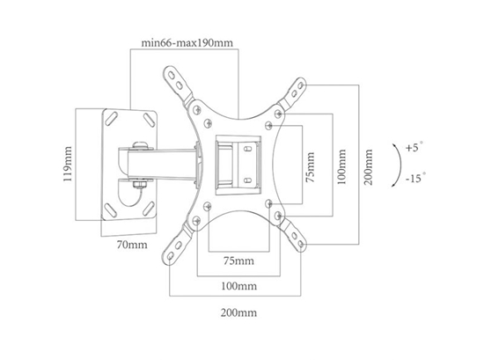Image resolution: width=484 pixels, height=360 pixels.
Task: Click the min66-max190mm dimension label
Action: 187,43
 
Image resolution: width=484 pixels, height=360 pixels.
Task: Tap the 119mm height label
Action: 68,164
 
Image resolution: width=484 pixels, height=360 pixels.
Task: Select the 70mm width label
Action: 132,245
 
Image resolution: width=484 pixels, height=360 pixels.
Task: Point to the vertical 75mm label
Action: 311,166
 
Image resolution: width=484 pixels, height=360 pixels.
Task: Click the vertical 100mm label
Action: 341,166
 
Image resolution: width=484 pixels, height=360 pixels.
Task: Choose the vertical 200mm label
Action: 368,166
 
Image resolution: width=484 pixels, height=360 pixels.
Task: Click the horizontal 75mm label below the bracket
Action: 238,261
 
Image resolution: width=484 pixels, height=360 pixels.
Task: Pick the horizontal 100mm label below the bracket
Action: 238,286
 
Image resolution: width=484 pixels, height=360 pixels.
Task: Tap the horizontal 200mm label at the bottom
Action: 238,312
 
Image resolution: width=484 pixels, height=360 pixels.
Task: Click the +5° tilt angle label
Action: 414,147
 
